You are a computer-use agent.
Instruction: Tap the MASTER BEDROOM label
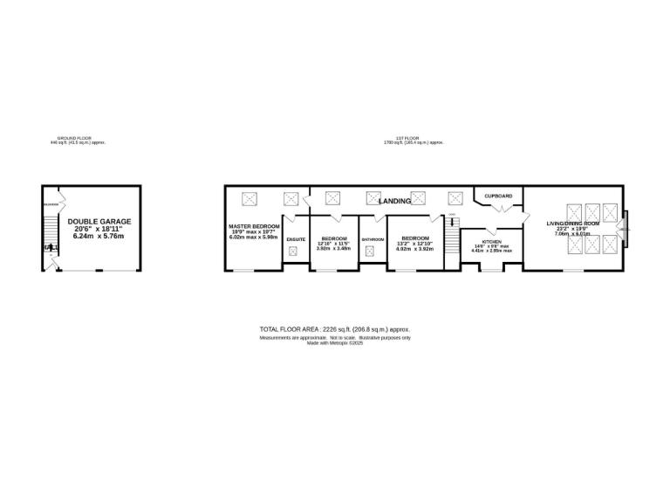click(x=253, y=226)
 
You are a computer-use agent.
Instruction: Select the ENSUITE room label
click(x=295, y=238)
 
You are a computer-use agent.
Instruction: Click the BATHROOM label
click(x=373, y=238)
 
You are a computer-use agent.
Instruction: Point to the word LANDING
click(x=394, y=202)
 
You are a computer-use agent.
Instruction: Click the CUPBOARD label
click(x=498, y=196)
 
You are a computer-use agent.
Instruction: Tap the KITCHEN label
click(x=491, y=241)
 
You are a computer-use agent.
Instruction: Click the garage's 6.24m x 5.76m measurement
click(x=98, y=236)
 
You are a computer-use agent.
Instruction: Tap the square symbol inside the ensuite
click(x=293, y=251)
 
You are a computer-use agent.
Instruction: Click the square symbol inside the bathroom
click(x=369, y=251)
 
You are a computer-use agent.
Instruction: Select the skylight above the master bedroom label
click(x=250, y=198)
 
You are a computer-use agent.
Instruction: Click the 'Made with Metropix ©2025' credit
click(x=334, y=342)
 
